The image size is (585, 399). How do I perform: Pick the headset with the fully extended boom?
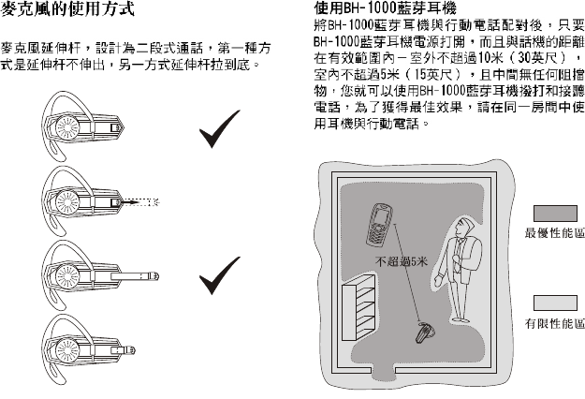click(94, 273)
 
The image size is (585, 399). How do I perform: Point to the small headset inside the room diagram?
click(425, 331)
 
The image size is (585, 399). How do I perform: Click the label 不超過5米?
click(401, 263)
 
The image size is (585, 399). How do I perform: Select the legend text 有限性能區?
click(554, 324)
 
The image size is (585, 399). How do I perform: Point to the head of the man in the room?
click(461, 226)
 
